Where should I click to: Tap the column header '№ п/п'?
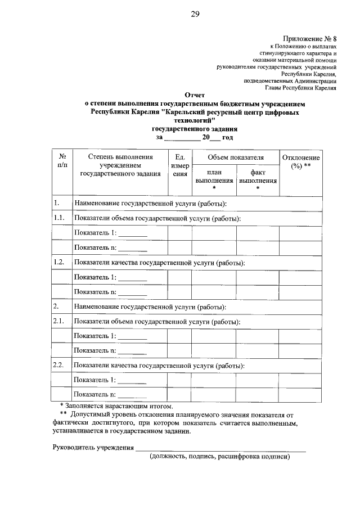click(62, 161)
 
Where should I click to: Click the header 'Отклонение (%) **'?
click(301, 162)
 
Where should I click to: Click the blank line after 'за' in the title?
click(182, 137)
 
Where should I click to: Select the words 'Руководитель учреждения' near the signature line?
click(93, 448)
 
